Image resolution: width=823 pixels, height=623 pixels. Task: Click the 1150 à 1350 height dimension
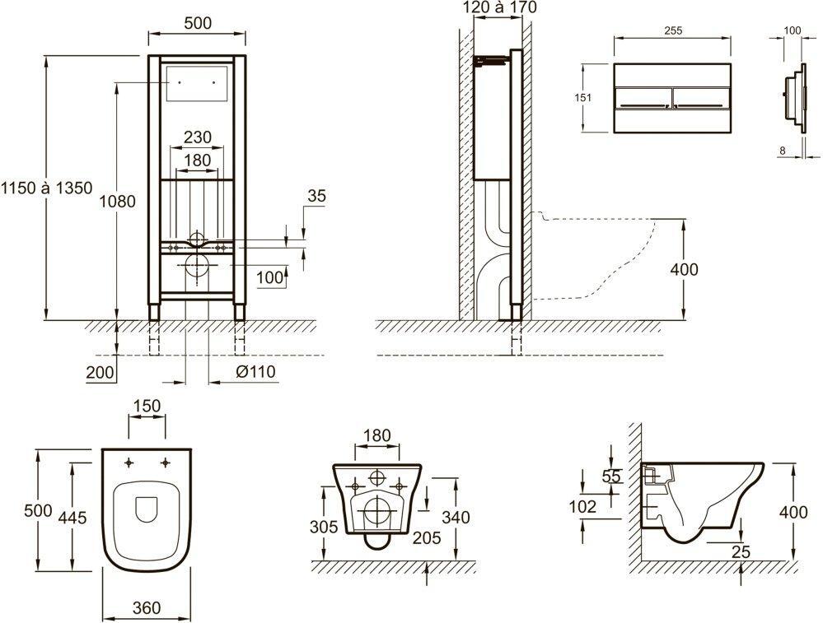pos(46,188)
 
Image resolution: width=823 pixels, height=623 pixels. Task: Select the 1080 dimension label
pos(118,201)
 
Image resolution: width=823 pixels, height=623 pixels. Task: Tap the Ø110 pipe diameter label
pos(255,372)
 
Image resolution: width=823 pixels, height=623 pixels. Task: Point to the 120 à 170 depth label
pos(500,7)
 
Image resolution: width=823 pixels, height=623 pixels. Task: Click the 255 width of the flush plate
pos(673,30)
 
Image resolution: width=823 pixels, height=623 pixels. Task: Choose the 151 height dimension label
pos(582,98)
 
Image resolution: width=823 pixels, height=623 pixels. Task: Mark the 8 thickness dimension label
pos(783,151)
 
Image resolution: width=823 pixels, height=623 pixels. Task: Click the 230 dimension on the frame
pos(198,137)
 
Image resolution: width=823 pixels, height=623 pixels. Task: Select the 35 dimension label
pos(316,196)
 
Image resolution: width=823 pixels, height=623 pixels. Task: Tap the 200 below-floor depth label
pos(100,372)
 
